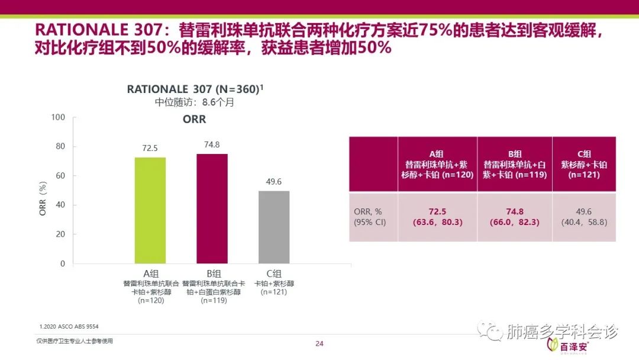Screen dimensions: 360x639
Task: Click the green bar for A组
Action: coord(150,210)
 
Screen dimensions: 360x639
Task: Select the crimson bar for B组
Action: coord(212,208)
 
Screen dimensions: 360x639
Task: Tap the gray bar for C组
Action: coord(274,227)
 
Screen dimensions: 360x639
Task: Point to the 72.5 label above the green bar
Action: coord(150,148)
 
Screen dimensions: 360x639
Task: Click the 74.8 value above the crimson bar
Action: coord(212,144)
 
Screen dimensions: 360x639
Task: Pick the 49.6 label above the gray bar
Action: coord(274,182)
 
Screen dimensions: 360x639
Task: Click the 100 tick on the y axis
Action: coord(58,117)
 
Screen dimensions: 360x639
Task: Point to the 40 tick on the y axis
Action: coord(60,205)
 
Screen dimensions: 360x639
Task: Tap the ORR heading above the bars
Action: coord(194,120)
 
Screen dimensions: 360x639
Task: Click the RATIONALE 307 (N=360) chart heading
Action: coord(195,89)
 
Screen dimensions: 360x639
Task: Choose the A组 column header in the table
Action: coord(437,164)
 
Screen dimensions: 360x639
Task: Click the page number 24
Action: coord(319,344)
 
